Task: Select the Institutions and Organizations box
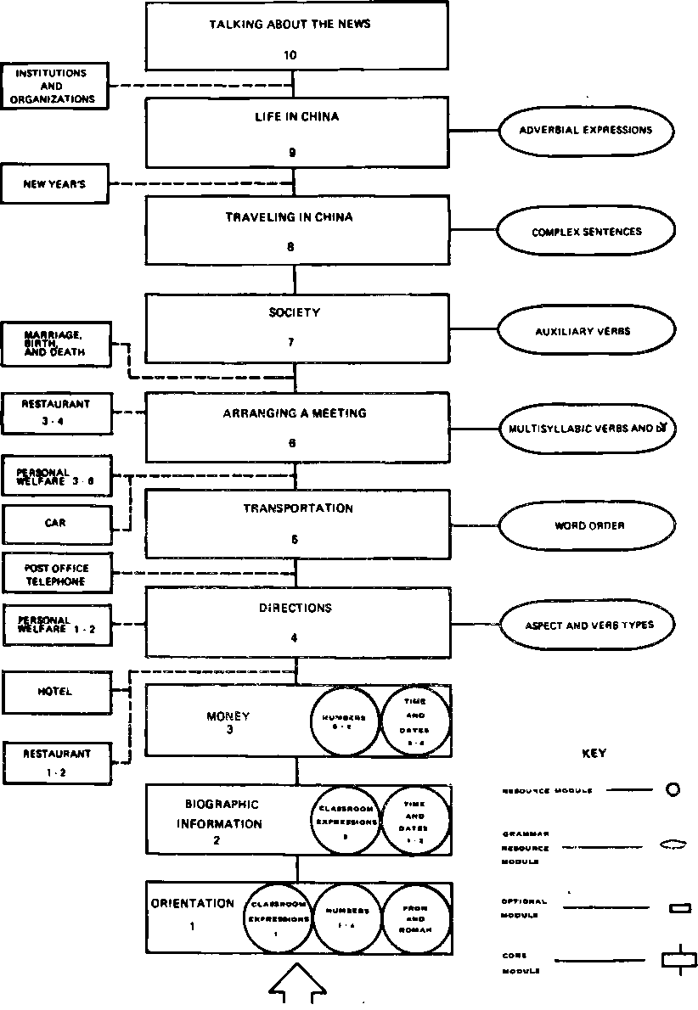(55, 87)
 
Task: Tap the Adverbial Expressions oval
(586, 131)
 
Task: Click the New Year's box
(55, 184)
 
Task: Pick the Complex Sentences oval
(586, 231)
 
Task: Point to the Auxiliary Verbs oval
(586, 331)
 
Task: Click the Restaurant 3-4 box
(55, 412)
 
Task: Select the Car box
(55, 524)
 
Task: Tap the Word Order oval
(586, 526)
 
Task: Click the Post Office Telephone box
(56, 575)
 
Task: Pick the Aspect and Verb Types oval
(586, 626)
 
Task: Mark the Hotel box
(55, 692)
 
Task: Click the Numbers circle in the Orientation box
(346, 919)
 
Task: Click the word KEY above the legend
(594, 753)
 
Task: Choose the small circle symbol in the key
(673, 790)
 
